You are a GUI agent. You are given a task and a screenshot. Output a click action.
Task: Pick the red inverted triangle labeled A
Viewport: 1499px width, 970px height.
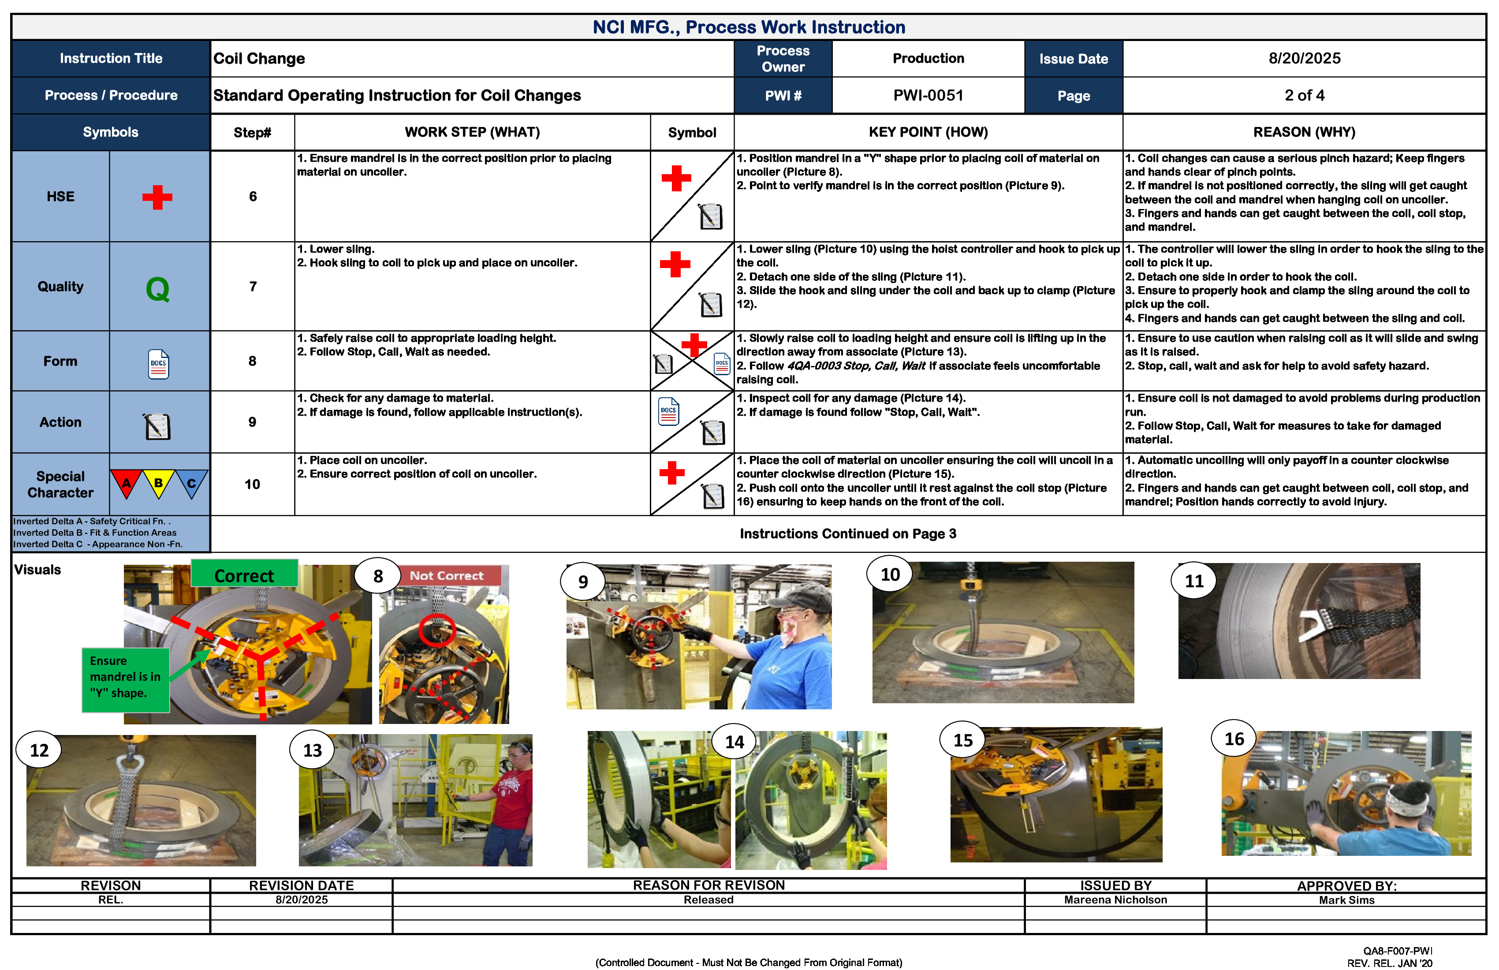127,484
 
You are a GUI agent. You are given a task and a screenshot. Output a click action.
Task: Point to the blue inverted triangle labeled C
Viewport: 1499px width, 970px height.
191,484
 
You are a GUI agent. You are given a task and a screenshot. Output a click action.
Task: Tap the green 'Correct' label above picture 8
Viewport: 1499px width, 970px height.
244,575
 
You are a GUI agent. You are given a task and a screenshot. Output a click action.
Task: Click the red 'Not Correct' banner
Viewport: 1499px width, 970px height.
447,575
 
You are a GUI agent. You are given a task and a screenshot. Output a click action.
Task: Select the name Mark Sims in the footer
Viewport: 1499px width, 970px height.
1346,900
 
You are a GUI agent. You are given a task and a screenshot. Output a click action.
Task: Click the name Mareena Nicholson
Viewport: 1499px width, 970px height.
1115,900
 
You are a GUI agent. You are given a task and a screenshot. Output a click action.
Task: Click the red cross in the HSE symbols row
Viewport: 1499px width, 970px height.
157,197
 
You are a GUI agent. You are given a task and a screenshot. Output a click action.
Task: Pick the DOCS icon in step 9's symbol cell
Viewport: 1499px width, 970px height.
668,411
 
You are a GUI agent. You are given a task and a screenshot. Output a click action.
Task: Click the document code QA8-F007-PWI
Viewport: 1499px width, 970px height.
1397,951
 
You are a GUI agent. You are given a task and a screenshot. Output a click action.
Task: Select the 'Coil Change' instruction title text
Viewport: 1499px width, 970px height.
259,59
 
